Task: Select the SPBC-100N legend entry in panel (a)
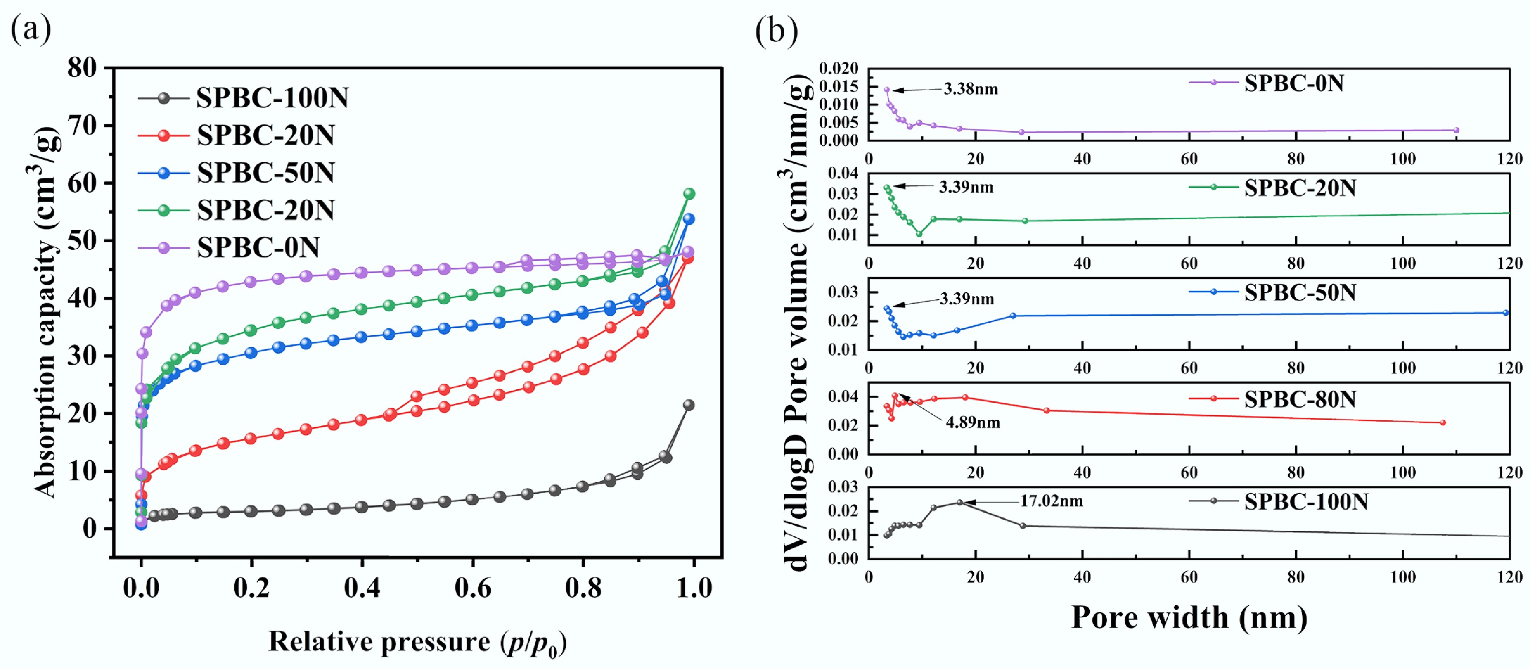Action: coord(272,98)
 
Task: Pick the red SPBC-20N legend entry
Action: coord(266,135)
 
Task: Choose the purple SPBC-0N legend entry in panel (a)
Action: coord(258,247)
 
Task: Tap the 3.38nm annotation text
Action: coord(971,90)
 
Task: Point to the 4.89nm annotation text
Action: coord(973,423)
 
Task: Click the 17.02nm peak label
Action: coord(1051,501)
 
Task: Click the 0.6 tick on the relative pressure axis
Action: coord(473,588)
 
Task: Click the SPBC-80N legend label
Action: coord(1300,399)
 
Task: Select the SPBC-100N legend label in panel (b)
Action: coord(1306,502)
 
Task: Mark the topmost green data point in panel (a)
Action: coord(689,194)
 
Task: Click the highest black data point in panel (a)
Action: coord(688,405)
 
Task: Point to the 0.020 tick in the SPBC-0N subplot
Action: coord(839,69)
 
